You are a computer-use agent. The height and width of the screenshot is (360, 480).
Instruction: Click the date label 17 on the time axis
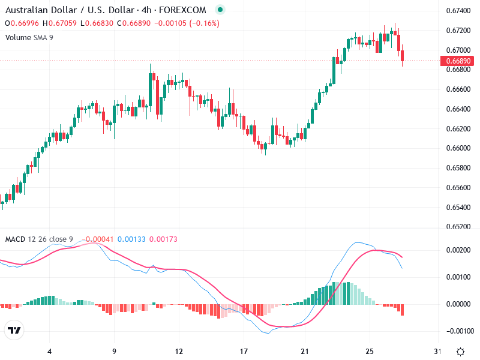tap(244, 351)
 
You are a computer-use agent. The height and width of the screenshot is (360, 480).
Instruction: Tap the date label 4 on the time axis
tap(50, 351)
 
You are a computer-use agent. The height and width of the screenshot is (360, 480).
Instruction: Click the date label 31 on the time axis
tap(437, 351)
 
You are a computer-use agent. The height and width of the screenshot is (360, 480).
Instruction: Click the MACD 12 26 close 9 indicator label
tap(39, 239)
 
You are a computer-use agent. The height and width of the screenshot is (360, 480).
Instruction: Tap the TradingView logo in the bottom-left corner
tap(14, 330)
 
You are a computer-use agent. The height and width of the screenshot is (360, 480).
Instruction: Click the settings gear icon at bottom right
tap(460, 352)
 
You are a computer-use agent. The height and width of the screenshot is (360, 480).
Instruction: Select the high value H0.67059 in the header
tap(58, 23)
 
